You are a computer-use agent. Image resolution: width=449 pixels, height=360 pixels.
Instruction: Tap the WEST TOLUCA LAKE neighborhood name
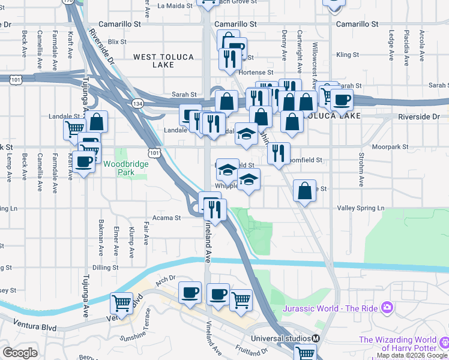tap(163, 61)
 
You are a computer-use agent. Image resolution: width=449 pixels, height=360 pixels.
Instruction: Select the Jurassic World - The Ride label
tap(333, 308)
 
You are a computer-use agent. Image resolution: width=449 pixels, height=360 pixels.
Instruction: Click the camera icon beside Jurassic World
tap(388, 307)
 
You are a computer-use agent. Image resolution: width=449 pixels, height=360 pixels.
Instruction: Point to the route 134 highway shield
tap(137, 104)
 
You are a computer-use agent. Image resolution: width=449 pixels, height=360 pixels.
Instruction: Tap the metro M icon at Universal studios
tap(315, 338)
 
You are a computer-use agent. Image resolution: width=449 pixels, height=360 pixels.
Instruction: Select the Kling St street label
tap(348, 55)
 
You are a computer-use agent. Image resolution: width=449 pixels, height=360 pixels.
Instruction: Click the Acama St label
tap(166, 218)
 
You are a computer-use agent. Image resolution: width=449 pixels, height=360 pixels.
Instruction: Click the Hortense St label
tap(256, 71)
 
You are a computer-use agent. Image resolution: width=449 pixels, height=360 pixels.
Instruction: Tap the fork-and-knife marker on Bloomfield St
tap(279, 154)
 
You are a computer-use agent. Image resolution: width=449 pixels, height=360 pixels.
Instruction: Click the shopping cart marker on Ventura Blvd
tap(121, 304)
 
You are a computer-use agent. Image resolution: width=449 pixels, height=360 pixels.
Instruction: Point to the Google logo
tap(20, 353)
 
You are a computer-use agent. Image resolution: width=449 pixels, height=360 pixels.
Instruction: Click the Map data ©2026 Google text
tap(412, 356)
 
